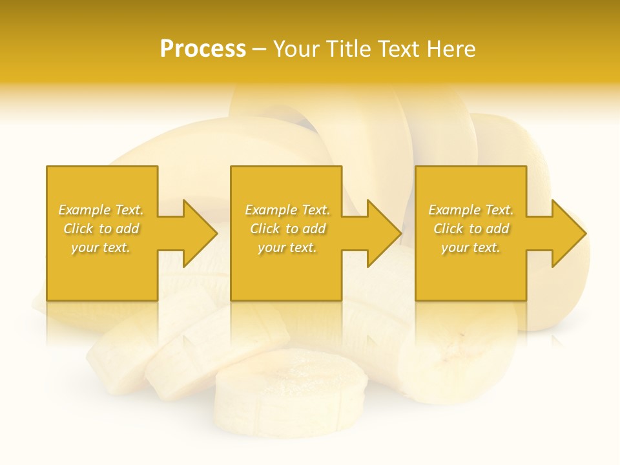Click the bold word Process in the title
(203, 49)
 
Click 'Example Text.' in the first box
(101, 210)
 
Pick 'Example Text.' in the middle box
(287, 210)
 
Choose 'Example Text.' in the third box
(471, 210)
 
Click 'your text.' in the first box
(101, 247)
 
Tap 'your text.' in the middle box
(287, 247)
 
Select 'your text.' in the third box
(471, 247)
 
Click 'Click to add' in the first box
(101, 229)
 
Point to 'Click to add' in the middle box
(287, 229)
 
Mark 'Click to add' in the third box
(471, 229)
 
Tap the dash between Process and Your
(260, 49)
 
